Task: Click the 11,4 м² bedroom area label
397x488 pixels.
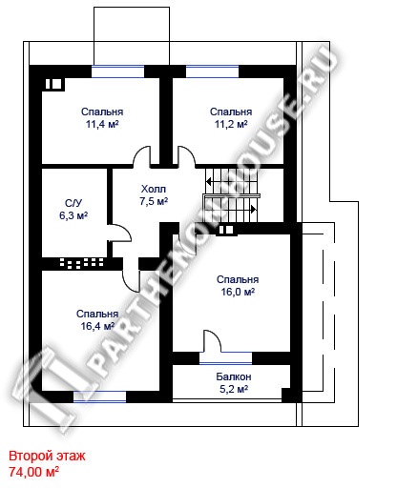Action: pos(102,118)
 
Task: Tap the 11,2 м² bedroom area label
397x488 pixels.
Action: pos(231,118)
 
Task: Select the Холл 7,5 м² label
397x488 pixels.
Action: pos(154,195)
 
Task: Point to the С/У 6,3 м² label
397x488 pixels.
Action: pos(73,210)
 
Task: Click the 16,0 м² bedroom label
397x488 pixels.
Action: pos(238,286)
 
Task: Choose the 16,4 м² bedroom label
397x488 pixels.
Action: pos(97,320)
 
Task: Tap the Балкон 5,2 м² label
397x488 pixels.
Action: pos(234,383)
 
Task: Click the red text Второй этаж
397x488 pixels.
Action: pos(47,456)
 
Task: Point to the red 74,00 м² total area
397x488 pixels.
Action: pos(33,472)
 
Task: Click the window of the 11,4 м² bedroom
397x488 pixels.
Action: pos(118,71)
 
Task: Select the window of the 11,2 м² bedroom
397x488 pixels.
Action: pos(212,71)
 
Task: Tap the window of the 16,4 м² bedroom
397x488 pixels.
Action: pos(100,396)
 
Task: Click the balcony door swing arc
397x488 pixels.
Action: pos(216,337)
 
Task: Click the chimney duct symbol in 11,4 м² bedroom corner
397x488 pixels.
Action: pos(53,84)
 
